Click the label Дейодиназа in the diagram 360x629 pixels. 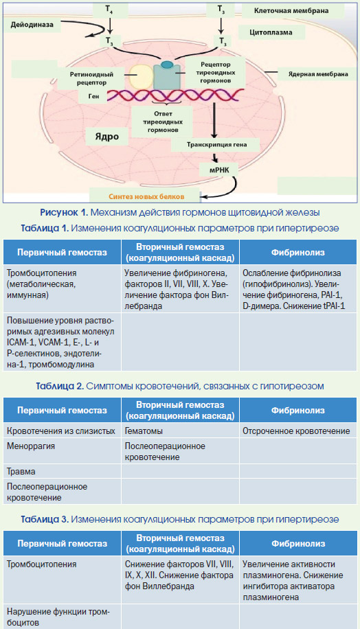pos(32,25)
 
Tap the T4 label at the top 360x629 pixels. pos(109,9)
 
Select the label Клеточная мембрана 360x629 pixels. pos(291,11)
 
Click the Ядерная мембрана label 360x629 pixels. pos(318,74)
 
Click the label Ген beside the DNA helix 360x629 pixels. pos(94,96)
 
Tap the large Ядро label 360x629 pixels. pos(106,137)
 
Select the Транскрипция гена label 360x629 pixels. pos(216,144)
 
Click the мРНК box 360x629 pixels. pos(219,170)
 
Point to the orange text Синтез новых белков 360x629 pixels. pos(146,196)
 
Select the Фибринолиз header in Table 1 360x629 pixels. pos(297,252)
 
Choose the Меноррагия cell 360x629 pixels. pos(31,446)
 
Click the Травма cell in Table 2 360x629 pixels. pos(21,472)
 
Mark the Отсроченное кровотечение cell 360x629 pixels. pos(296,431)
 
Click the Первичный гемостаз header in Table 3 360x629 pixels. pos(63,544)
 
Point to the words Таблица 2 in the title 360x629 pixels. pos(60,387)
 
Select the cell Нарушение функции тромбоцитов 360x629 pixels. pos(58,617)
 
